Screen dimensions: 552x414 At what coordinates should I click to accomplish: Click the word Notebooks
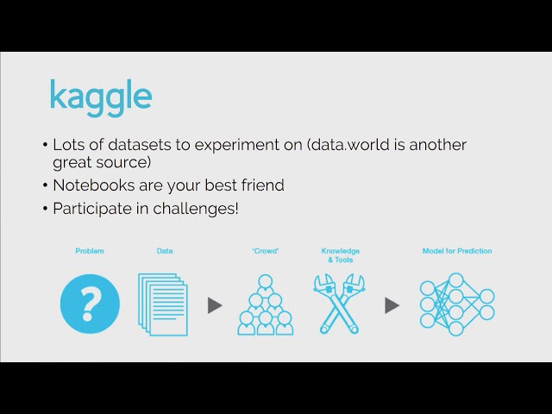pos(94,185)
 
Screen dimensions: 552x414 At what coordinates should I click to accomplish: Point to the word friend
pos(262,185)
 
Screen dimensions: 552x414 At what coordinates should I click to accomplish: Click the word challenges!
pos(196,209)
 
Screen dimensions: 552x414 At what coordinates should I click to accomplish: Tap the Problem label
pos(90,251)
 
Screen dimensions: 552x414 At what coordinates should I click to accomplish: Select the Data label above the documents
pos(165,251)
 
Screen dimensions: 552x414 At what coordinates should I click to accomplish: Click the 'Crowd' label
pos(266,251)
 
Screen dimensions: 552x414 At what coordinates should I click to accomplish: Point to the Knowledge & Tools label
pos(341,255)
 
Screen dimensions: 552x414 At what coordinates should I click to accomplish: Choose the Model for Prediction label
pos(457,251)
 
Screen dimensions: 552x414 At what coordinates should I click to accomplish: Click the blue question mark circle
pos(90,304)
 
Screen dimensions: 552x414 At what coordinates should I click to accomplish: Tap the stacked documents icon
pos(163,304)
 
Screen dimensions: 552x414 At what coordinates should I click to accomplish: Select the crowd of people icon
pos(266,304)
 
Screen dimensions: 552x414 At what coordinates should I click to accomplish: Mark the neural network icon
pos(457,304)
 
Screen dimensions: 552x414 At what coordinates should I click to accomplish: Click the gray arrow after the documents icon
pos(215,305)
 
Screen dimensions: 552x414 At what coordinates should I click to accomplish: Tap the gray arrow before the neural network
pos(392,305)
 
